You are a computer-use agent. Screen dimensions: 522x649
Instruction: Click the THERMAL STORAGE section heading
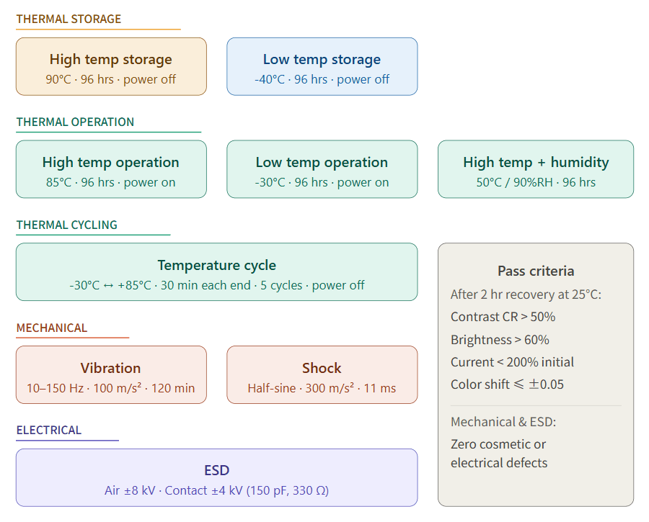69,19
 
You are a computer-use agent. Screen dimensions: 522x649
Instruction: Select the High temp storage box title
111,60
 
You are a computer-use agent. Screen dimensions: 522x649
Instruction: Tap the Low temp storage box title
322,60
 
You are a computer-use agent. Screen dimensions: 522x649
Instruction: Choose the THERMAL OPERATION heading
75,122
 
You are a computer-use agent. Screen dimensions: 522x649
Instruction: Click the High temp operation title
111,163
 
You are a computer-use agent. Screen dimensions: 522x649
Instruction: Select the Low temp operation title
322,163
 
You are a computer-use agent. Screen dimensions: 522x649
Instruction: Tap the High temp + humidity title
536,163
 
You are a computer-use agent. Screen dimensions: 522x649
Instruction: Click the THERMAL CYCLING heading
66,225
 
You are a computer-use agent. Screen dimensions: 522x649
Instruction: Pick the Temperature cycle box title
216,266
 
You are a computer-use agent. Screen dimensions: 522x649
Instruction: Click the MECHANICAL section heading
52,328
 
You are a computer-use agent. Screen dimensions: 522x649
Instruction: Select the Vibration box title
111,369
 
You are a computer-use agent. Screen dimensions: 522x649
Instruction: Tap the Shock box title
322,369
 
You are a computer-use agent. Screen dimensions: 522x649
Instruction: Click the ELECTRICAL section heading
49,431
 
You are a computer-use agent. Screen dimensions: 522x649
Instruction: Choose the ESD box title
216,471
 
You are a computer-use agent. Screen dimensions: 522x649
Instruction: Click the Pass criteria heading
536,271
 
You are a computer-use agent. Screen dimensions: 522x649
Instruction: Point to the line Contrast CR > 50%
503,318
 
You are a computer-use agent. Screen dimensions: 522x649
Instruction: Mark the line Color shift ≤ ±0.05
507,384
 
